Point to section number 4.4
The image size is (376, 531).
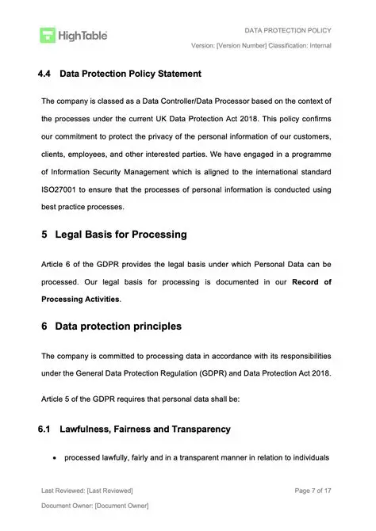45,74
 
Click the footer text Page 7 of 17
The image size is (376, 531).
312,491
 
